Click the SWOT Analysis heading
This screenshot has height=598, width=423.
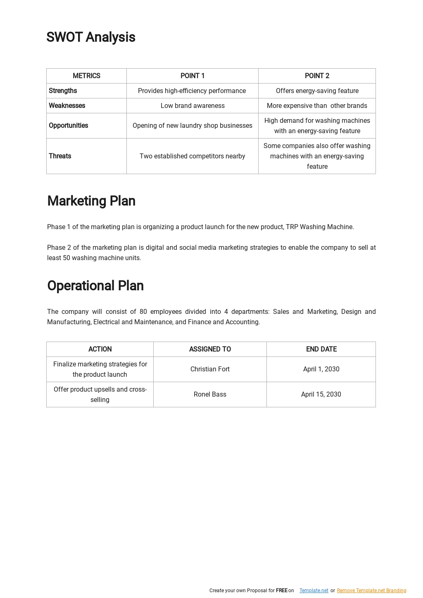coord(91,37)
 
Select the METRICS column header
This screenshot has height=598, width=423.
coord(86,76)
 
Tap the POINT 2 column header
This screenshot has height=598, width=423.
coord(317,76)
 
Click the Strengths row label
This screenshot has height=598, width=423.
coord(63,91)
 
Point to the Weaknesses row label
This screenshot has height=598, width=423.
coord(67,105)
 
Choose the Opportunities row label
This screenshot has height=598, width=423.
coord(69,125)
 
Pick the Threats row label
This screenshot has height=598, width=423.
coord(60,156)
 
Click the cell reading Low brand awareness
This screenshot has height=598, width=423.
coord(192,105)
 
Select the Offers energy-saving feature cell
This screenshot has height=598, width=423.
coord(317,91)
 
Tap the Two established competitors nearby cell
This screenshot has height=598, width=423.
coord(192,156)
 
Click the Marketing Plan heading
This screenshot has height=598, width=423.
coord(91,201)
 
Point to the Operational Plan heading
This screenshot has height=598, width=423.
coord(95,286)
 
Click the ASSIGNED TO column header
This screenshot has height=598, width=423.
coord(210,349)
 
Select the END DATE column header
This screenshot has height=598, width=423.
coord(321,349)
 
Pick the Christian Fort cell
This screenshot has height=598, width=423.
coord(210,369)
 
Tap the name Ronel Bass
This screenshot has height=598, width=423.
coord(210,394)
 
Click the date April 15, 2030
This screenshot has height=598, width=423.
coord(321,394)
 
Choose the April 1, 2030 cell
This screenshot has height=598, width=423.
coord(321,369)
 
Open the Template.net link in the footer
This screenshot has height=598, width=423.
coord(314,591)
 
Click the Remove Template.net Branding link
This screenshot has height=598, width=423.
coord(371,591)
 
